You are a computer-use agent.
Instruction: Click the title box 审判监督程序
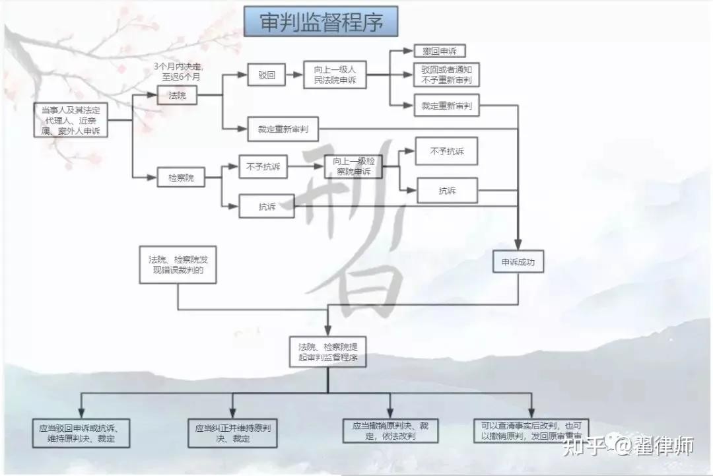tap(321, 22)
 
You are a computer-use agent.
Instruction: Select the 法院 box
tap(178, 95)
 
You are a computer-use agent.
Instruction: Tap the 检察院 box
tap(181, 177)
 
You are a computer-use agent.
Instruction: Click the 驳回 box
tap(267, 75)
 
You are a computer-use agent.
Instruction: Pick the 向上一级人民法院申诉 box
tap(335, 75)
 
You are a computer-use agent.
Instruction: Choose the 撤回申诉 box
tap(440, 51)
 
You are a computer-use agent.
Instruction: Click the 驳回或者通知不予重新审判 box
tap(446, 75)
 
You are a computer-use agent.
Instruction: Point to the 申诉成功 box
tap(518, 262)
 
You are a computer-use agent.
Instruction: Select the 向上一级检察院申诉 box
tap(353, 166)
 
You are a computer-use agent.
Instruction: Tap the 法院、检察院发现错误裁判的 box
tap(178, 265)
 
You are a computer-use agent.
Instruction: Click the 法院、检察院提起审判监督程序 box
tap(327, 352)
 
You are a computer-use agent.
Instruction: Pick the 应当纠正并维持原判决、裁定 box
tap(232, 432)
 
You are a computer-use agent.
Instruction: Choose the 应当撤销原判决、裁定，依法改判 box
tap(390, 430)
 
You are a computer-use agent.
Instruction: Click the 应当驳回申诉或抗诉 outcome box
tap(81, 432)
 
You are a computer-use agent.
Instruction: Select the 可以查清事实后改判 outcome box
tap(531, 430)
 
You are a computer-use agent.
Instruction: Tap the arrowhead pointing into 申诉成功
tap(518, 245)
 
